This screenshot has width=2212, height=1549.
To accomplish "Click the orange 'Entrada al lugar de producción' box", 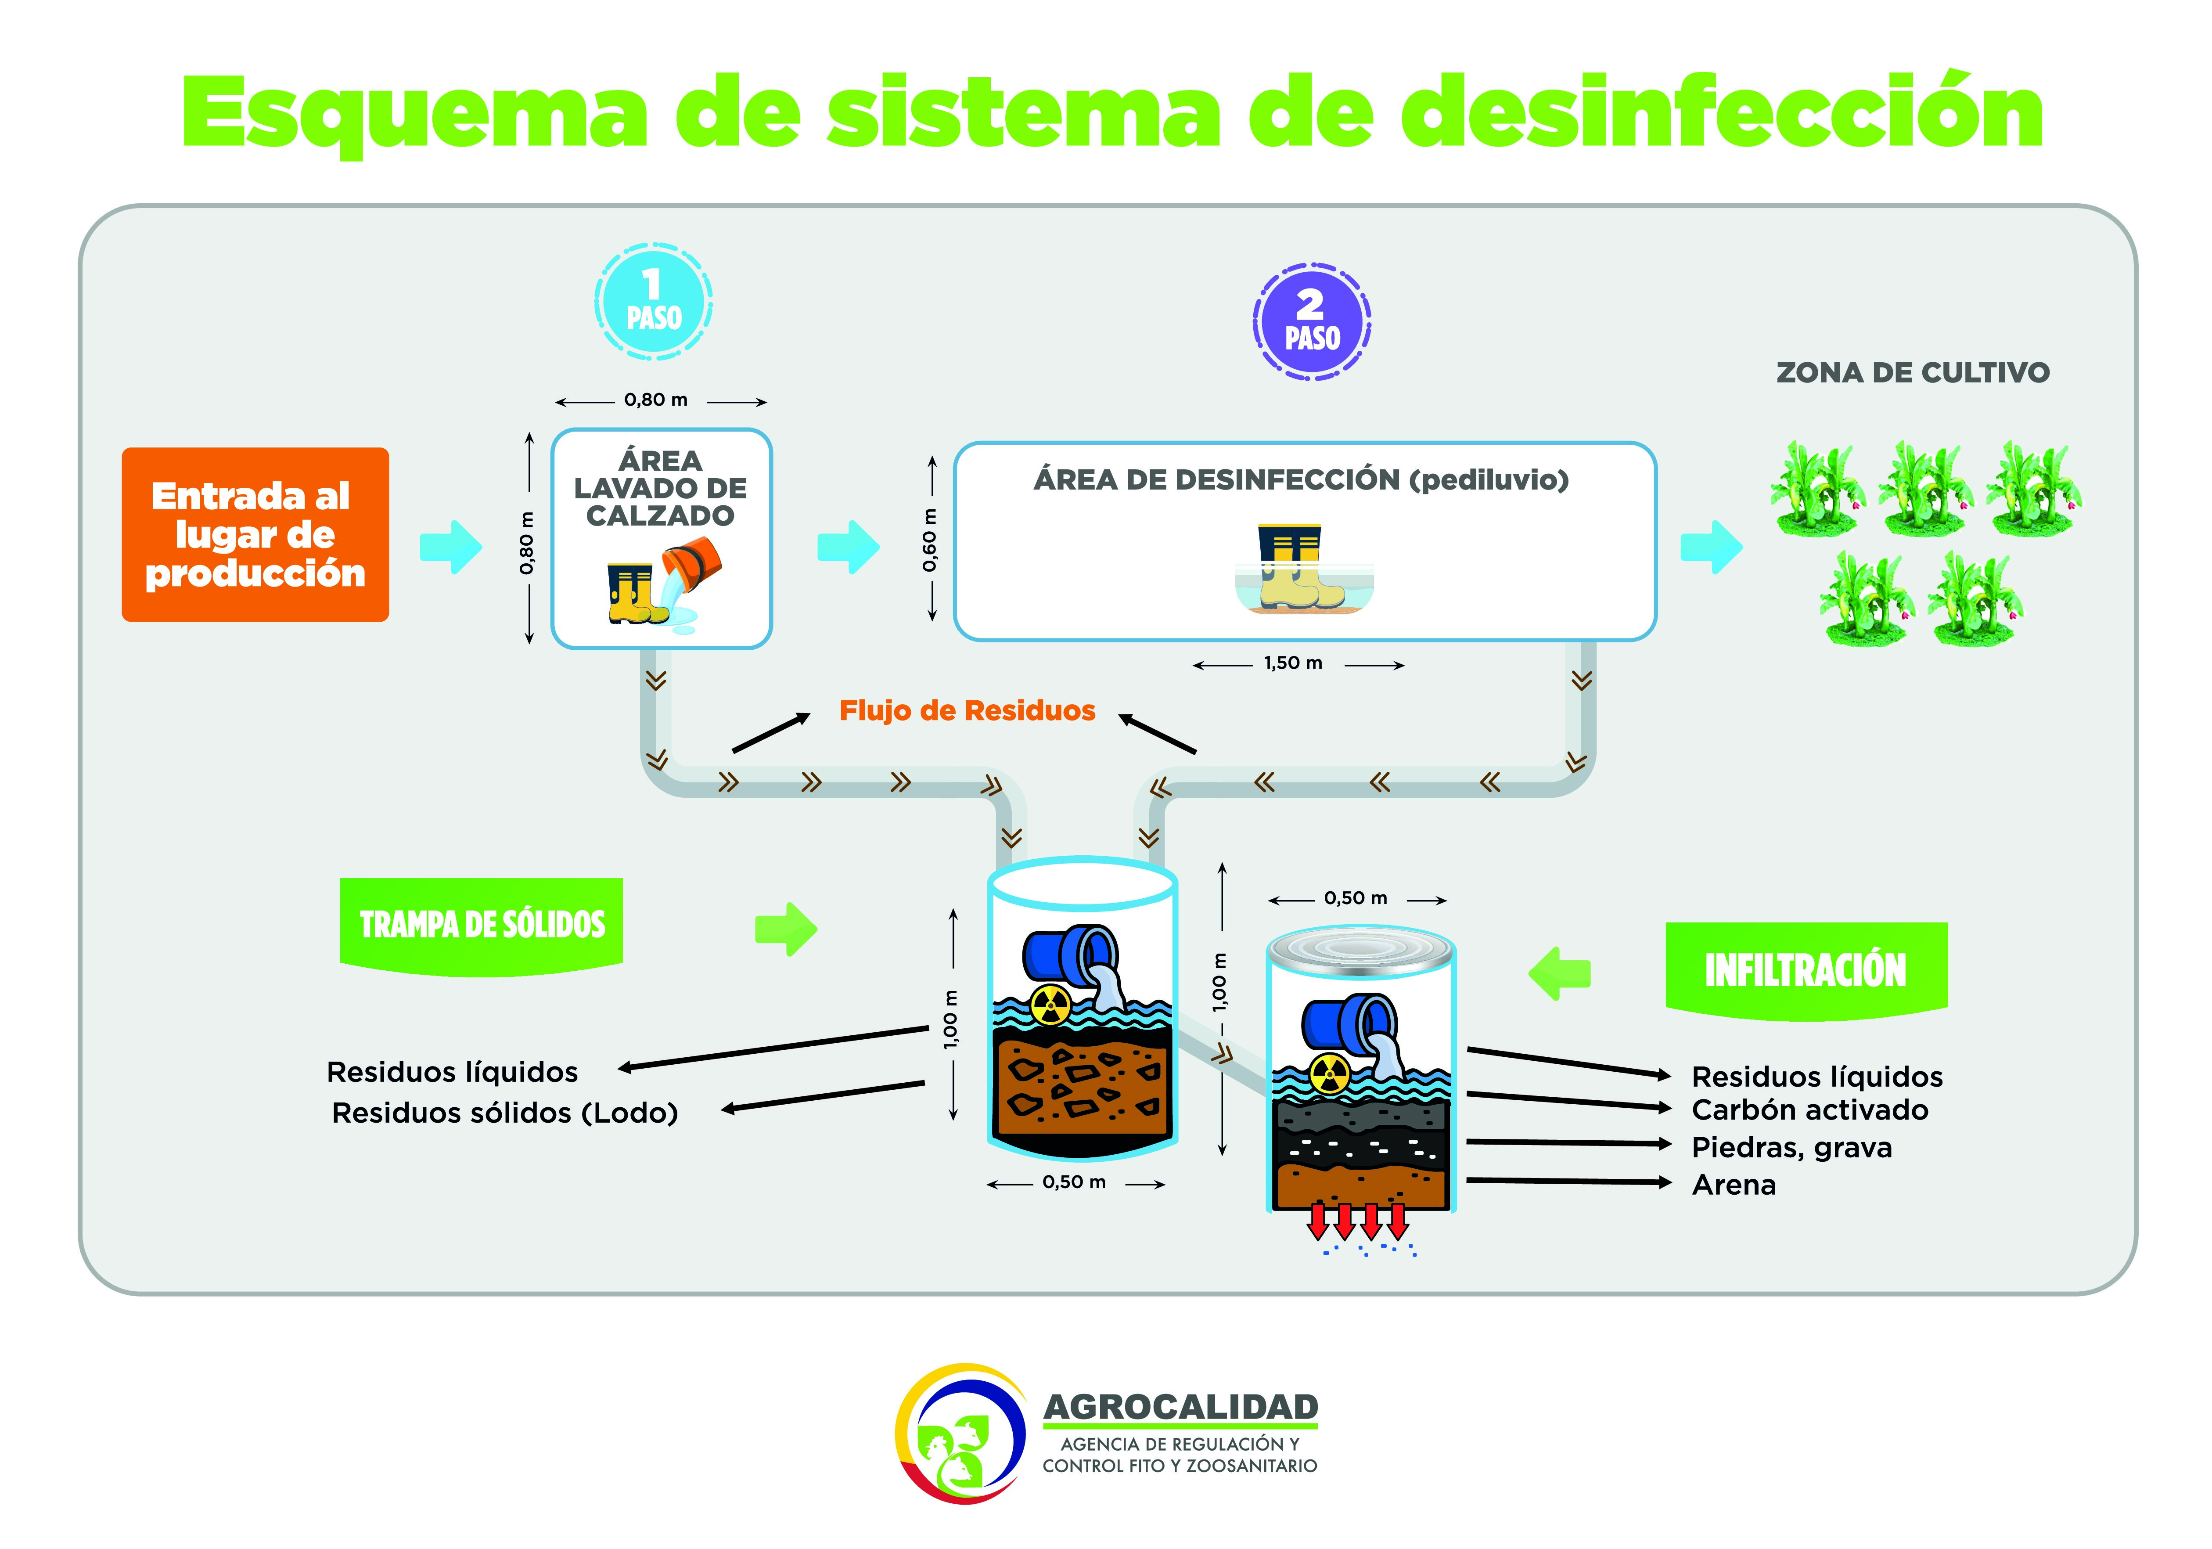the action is point(255,535).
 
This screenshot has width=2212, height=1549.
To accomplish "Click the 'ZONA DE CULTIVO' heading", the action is point(1912,373).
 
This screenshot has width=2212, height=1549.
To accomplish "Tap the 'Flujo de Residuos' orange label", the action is point(967,711).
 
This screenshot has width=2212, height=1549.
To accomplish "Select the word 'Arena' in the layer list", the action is point(1734,1185).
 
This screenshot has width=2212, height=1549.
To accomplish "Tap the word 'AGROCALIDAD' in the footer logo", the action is point(1180,1407).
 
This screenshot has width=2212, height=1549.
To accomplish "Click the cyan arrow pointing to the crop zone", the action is point(1711,547).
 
